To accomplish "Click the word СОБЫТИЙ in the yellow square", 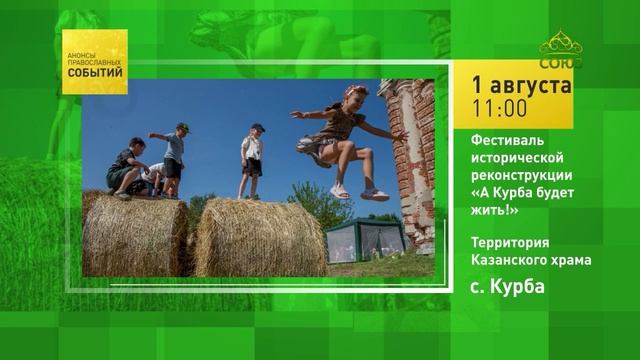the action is [95, 73].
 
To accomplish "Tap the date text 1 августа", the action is [522, 85].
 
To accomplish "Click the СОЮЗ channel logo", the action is [561, 50].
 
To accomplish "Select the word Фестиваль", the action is [507, 140].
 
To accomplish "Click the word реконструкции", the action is [522, 176].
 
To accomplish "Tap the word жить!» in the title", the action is [495, 210].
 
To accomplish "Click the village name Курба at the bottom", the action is [517, 287].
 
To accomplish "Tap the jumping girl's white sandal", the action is [374, 195].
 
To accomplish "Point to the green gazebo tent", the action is [365, 240].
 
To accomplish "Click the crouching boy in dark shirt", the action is [127, 168].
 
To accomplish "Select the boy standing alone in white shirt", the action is [251, 161].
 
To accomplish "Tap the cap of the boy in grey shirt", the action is [183, 127].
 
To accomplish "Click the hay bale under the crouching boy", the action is [135, 234].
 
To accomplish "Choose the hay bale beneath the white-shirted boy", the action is [260, 238].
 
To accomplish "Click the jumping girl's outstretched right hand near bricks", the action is [401, 136].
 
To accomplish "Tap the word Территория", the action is [510, 242].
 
